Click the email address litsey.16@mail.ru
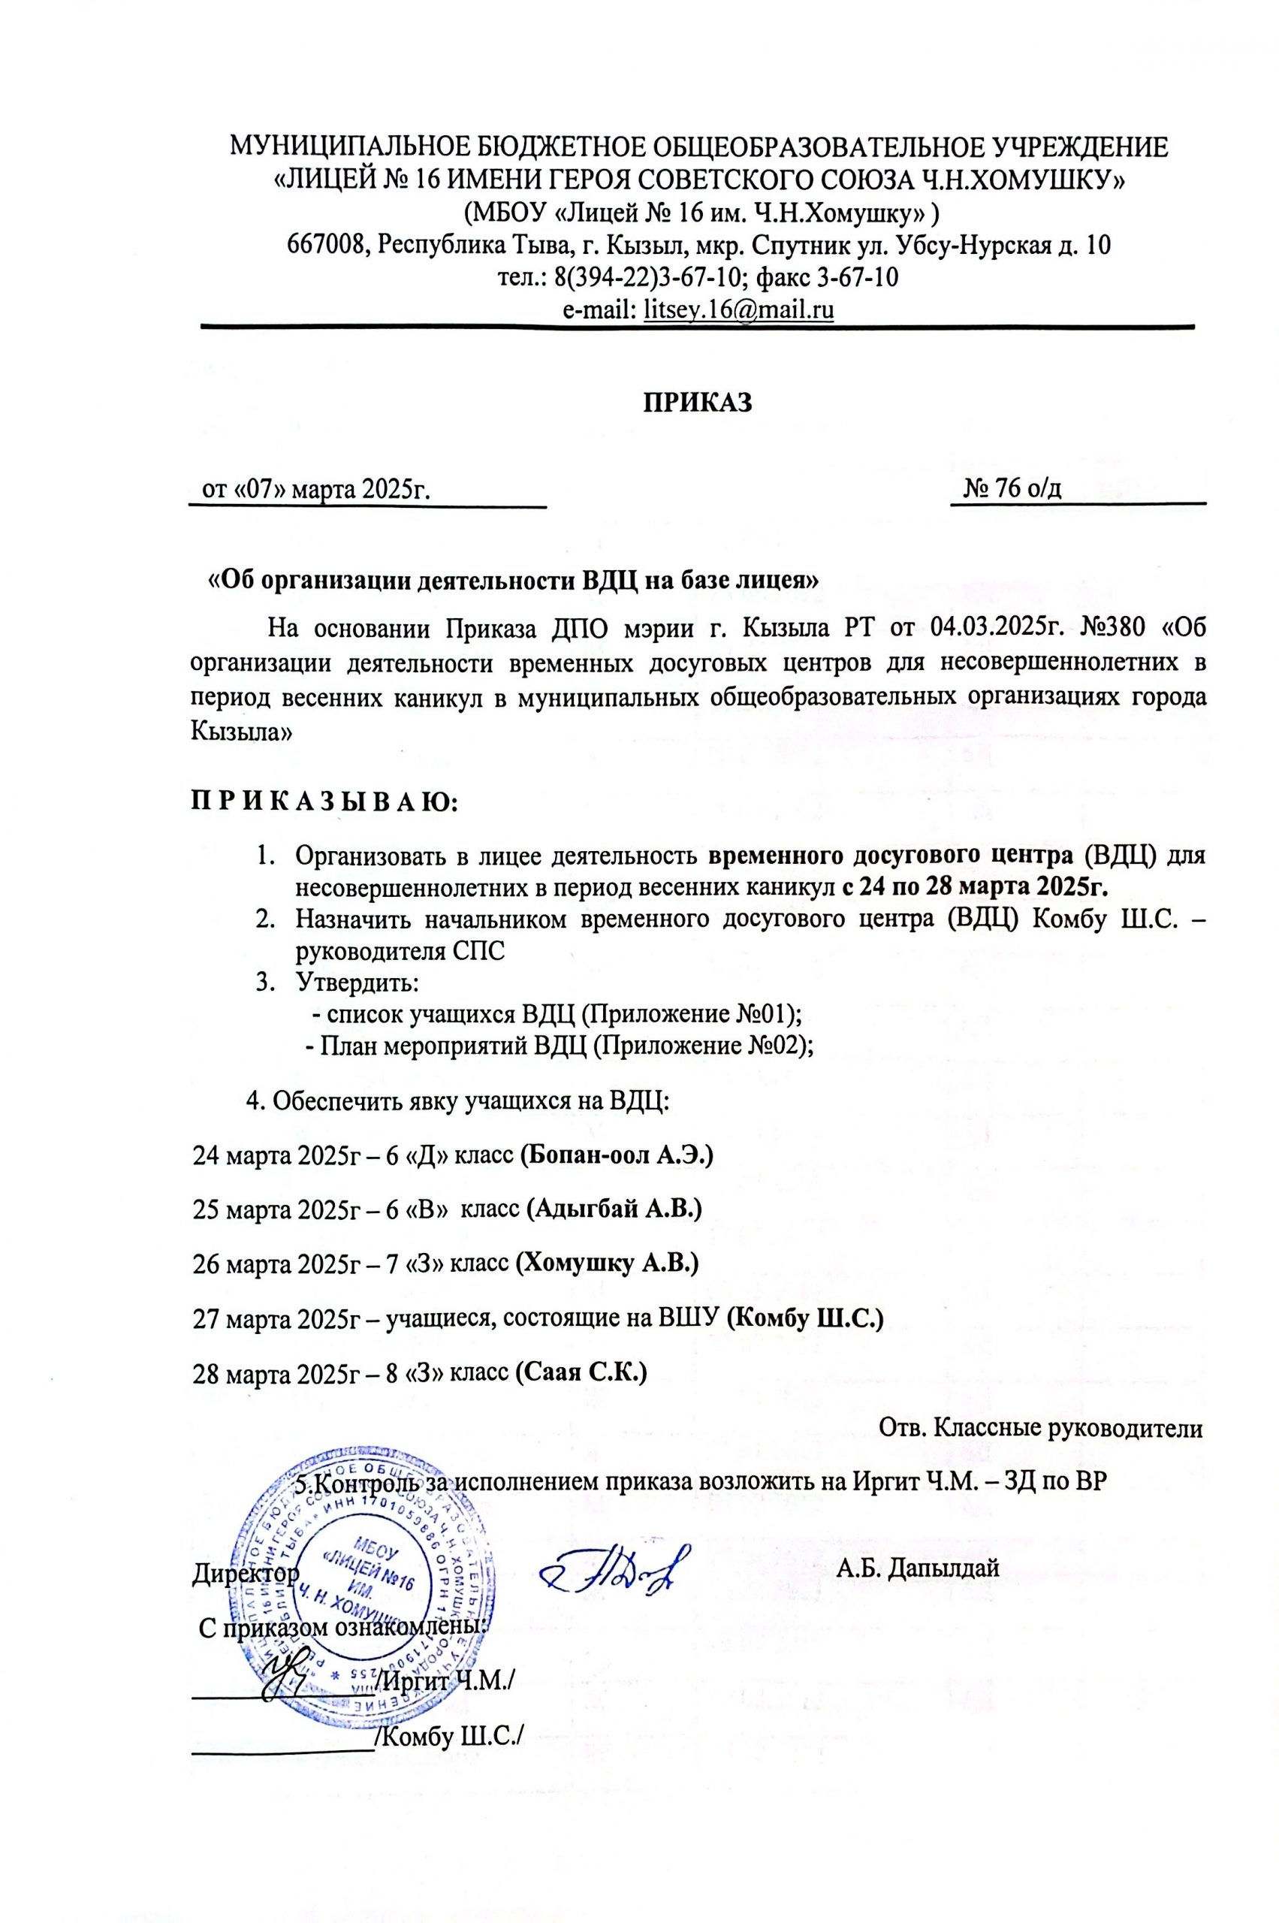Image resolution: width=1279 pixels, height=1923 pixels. click(738, 310)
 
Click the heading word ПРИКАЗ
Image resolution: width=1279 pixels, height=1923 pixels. click(698, 403)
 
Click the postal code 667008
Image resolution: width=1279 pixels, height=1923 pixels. click(324, 245)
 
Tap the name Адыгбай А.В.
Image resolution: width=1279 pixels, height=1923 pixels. click(614, 1209)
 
